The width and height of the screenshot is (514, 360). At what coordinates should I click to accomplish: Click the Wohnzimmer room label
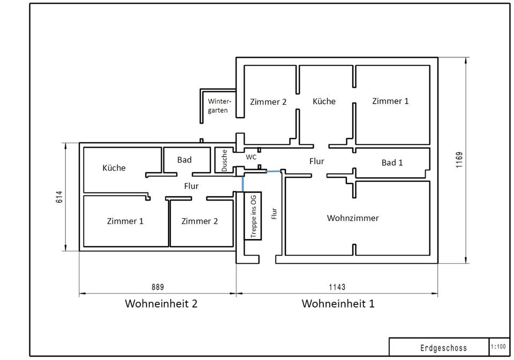352,218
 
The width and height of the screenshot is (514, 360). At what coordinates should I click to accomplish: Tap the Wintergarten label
219,106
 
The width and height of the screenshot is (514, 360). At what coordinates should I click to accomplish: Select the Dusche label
224,160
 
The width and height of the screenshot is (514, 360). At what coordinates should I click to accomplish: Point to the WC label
251,157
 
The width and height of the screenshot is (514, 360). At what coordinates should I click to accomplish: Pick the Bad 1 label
392,163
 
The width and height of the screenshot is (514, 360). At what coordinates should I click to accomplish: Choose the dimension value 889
158,287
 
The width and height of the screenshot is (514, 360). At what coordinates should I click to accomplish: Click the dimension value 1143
337,287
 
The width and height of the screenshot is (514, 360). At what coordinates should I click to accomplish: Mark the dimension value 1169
459,160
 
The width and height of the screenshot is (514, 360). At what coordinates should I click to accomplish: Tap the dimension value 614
60,197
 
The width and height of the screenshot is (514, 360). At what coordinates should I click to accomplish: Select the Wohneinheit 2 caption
161,304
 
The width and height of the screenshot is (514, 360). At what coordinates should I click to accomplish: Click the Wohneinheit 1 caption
338,304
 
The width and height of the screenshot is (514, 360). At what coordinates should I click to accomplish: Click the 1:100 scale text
497,347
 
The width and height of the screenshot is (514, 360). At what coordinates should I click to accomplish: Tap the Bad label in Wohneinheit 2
184,160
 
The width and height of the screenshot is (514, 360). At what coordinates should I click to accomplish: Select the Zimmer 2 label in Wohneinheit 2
199,221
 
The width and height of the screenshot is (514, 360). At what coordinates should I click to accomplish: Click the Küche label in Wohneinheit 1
324,101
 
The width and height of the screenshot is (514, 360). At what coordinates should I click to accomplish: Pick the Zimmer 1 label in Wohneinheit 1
390,101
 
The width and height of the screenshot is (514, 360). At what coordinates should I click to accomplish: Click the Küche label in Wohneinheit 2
114,168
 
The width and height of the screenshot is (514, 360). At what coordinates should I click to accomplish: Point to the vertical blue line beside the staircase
243,183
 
